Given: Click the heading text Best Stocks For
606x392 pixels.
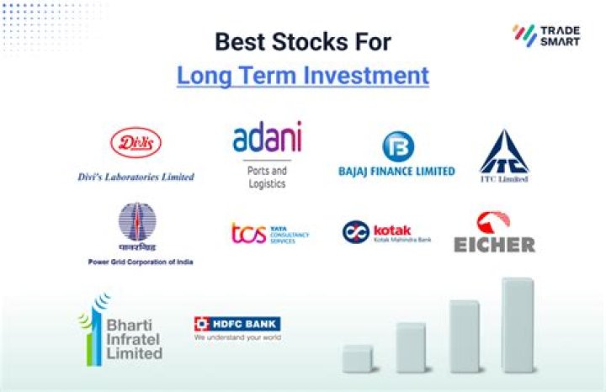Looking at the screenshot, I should pyautogui.click(x=302, y=41).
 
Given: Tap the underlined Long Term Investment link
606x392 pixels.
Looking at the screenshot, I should pyautogui.click(x=302, y=75).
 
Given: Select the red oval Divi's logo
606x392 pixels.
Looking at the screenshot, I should pyautogui.click(x=136, y=143).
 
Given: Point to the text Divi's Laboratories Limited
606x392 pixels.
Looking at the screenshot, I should pyautogui.click(x=136, y=177).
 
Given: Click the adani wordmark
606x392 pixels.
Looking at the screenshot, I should pyautogui.click(x=267, y=138).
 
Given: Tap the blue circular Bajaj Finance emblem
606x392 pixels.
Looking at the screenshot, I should pyautogui.click(x=397, y=147).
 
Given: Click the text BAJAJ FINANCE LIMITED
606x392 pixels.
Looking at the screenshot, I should pyautogui.click(x=396, y=171).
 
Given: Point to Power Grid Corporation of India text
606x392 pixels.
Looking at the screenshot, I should pyautogui.click(x=141, y=262).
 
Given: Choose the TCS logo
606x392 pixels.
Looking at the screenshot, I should pyautogui.click(x=269, y=233).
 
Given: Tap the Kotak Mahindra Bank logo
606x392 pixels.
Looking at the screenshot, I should pyautogui.click(x=386, y=232).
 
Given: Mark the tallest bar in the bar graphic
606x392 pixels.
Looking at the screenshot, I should pyautogui.click(x=517, y=324).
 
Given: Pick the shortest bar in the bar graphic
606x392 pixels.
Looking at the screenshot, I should pyautogui.click(x=358, y=357).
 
